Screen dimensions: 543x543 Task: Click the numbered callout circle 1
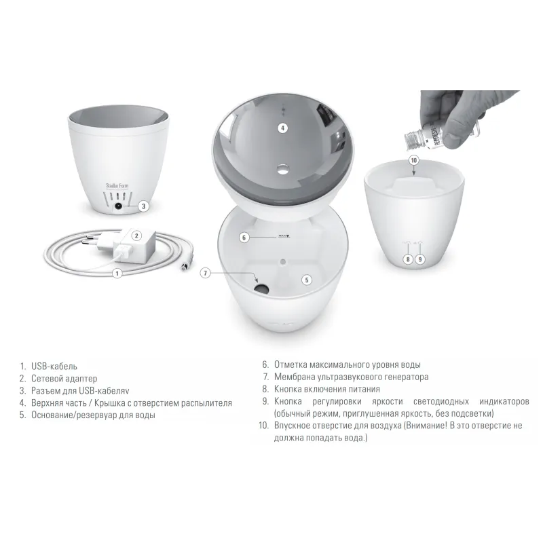coord(117,274)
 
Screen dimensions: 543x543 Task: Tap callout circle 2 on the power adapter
coord(136,236)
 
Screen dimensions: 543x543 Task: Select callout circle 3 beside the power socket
coord(144,206)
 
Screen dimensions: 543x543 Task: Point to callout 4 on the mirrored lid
coord(282,128)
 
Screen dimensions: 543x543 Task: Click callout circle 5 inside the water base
coord(307,280)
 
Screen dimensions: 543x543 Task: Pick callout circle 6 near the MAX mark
coord(244,238)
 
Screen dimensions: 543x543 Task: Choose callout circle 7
coord(206,274)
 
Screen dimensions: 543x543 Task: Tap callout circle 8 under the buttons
coord(408,259)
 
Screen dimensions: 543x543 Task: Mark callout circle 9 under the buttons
coord(420,259)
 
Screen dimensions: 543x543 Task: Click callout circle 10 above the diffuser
coord(414,160)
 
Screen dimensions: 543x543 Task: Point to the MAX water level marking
coord(284,236)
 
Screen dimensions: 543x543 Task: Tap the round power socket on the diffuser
coord(118,206)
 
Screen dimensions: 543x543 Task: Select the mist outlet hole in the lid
coord(283,169)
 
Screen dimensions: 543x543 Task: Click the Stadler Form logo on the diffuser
coord(117,186)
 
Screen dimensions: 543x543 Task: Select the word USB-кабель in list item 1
coord(54,367)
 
